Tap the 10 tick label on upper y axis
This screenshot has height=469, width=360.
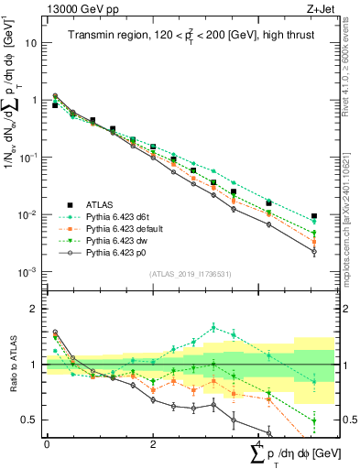click(31, 43)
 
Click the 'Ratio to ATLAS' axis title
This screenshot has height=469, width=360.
click(12, 365)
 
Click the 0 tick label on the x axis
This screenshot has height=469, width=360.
click(47, 443)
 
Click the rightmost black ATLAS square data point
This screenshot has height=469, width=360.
click(314, 216)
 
